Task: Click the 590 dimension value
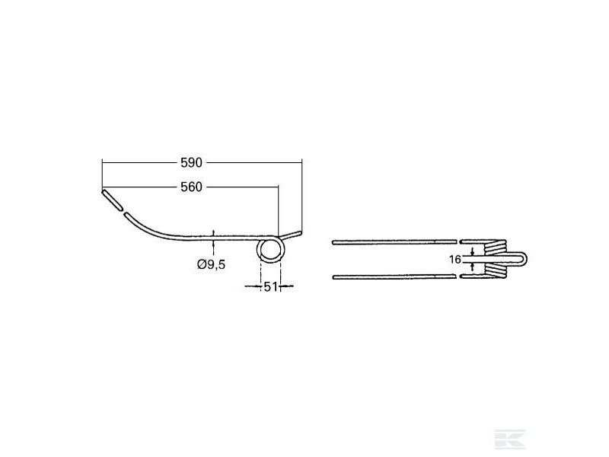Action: point(193,163)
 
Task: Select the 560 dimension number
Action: point(193,187)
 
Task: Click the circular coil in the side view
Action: point(270,249)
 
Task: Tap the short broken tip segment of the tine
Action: point(112,200)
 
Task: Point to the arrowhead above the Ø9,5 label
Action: point(214,233)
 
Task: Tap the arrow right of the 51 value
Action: point(286,287)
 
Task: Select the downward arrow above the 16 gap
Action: point(473,251)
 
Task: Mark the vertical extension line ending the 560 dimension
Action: point(279,209)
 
